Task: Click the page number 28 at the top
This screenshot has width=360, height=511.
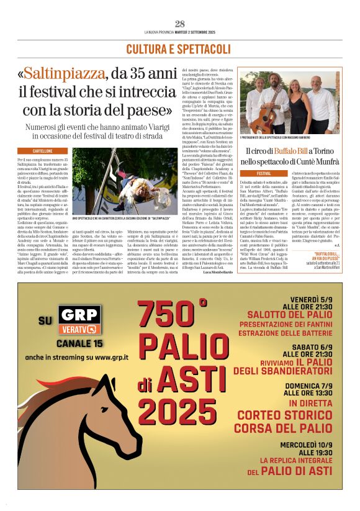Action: pos(179,24)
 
